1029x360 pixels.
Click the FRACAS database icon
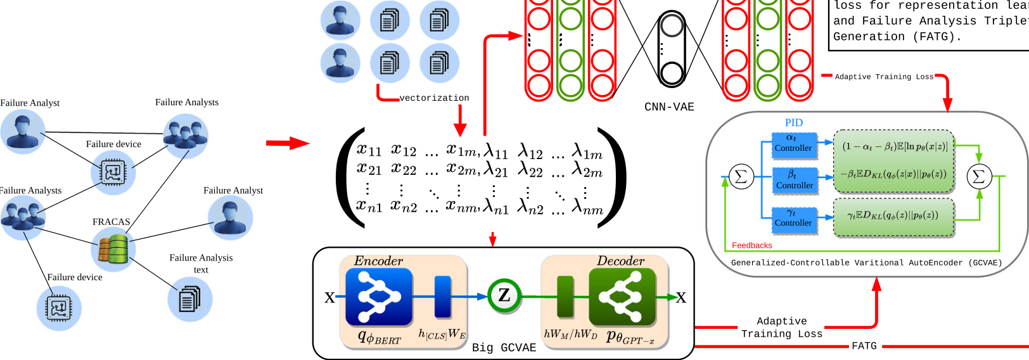point(113,249)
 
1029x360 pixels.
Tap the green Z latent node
point(504,296)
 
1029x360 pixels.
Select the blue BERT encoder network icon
point(379,297)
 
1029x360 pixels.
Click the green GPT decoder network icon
point(622,297)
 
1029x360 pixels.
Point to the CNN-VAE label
point(669,107)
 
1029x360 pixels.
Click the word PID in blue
point(793,123)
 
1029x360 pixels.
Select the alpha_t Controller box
point(793,143)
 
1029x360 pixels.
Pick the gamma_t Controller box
point(793,219)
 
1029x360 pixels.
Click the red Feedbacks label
point(751,245)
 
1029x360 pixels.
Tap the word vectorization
point(434,98)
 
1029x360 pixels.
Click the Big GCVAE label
point(504,347)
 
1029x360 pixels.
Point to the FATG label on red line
point(864,346)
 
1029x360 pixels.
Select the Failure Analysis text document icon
point(189,299)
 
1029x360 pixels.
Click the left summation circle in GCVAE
point(741,177)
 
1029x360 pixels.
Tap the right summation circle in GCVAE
point(978,177)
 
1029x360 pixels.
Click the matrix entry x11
point(369,150)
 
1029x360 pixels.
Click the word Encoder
point(378,261)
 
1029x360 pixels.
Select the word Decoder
point(620,261)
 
